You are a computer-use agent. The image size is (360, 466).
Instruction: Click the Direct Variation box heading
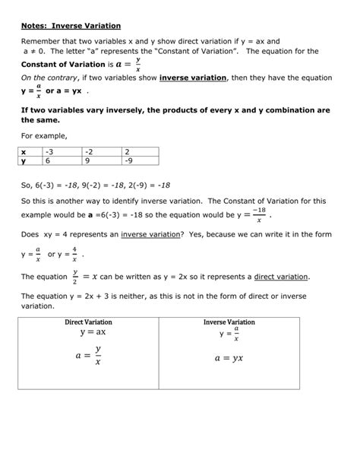[88, 322]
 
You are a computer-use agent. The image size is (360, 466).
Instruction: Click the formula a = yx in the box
[228, 358]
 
